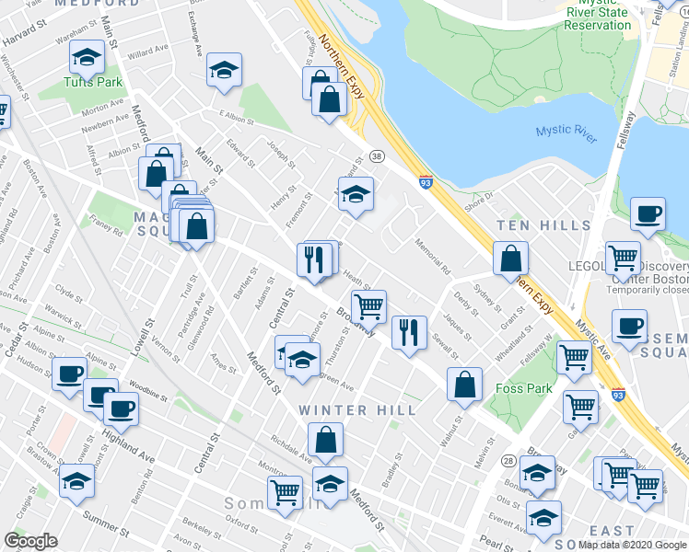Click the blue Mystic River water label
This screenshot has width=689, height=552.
[566, 131]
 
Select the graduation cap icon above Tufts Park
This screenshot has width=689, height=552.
[87, 57]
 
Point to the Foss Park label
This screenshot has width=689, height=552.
[524, 388]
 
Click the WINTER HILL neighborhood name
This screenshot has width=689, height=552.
[345, 409]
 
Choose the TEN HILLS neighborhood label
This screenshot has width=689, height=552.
[543, 225]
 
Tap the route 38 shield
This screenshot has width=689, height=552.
[377, 156]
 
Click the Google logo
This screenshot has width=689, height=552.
[30, 540]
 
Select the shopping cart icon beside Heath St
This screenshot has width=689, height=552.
[368, 305]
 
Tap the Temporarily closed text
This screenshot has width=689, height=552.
[647, 288]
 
